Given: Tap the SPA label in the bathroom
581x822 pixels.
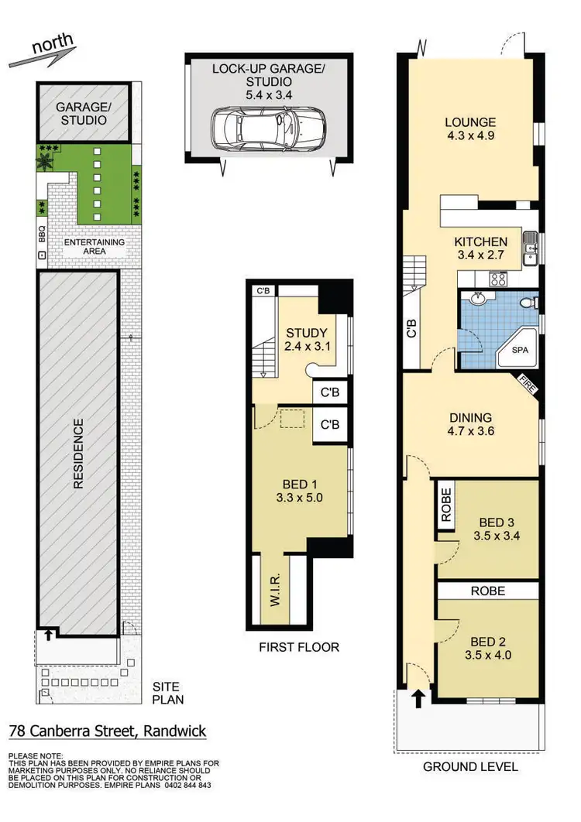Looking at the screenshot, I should [x=520, y=350].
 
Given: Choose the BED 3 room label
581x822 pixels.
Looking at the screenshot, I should [x=499, y=525].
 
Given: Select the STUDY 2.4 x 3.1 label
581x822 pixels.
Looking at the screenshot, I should [x=304, y=341].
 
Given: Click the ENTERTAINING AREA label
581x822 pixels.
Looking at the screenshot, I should [x=94, y=247].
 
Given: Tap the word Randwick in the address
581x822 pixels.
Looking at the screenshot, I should [x=173, y=731].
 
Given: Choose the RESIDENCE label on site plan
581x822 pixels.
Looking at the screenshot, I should [x=78, y=454].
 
